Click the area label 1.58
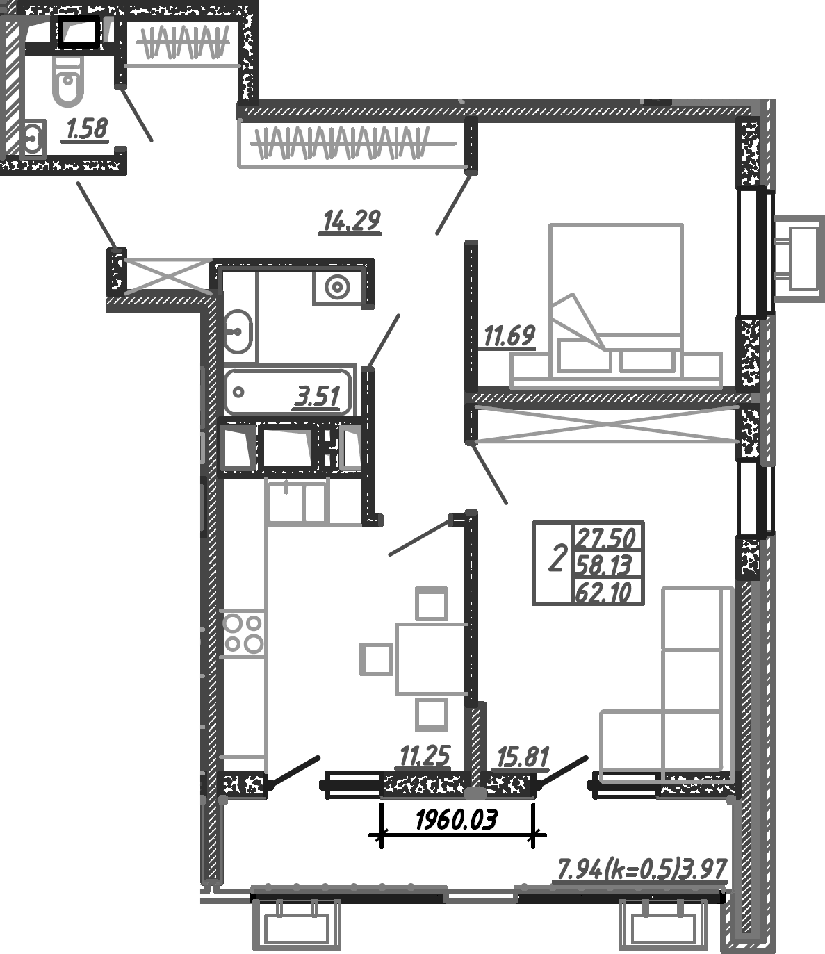(87, 129)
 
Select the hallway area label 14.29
(352, 221)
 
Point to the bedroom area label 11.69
(509, 337)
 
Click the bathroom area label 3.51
(318, 398)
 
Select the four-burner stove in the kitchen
(243, 633)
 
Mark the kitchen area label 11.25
(425, 755)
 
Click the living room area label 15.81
(523, 757)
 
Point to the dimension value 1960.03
(456, 821)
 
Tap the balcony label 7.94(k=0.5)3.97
(642, 869)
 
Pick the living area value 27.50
(606, 538)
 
